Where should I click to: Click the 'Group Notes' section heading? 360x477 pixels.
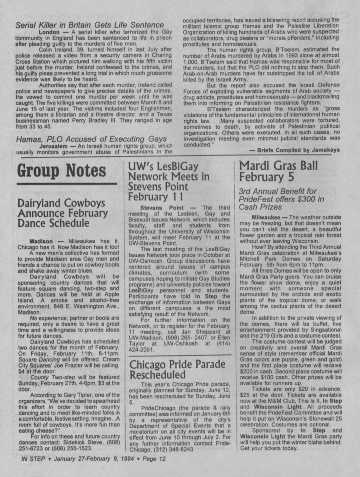(x=62, y=171)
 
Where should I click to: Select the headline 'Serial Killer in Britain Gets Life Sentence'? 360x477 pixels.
(x=90, y=25)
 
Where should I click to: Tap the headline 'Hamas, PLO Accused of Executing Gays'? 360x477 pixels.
(x=91, y=139)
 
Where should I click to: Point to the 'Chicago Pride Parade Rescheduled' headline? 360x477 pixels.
(x=177, y=369)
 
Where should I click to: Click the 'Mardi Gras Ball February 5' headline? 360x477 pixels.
(x=278, y=171)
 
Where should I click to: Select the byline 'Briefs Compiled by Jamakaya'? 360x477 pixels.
(x=294, y=150)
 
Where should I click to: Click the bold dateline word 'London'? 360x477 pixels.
(x=49, y=32)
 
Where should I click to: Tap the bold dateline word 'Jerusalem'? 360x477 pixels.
(x=53, y=146)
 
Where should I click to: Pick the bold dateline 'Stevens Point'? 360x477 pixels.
(x=162, y=208)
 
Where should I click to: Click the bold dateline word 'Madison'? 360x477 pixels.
(x=41, y=241)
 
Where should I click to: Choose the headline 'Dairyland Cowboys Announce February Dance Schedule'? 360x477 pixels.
(x=63, y=213)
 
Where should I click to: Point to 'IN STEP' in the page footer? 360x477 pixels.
(x=33, y=459)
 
